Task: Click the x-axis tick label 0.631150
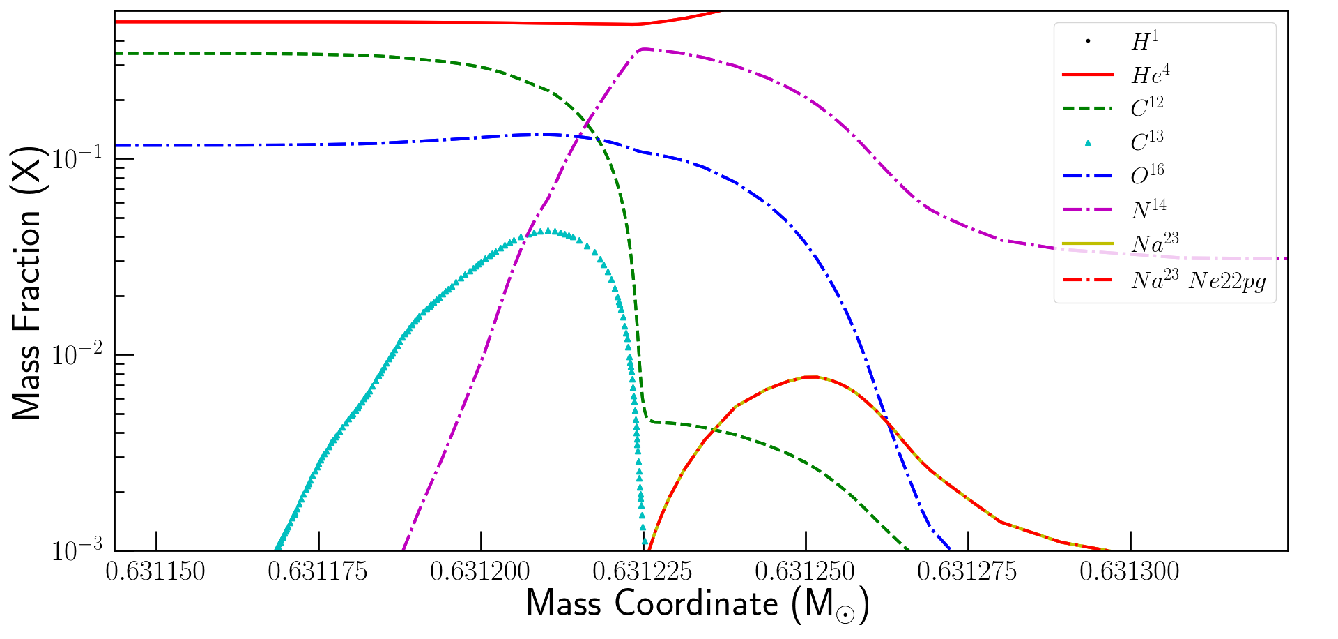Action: coord(155,572)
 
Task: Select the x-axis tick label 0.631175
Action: coord(318,572)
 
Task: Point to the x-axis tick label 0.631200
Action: coord(480,572)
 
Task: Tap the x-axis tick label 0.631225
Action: coord(643,572)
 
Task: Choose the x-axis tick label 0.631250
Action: coord(805,572)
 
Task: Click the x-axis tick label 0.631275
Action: coord(967,572)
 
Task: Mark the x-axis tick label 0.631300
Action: coord(1130,572)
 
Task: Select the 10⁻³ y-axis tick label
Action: coord(77,550)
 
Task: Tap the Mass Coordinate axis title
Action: coord(697,604)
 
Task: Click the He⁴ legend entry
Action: coord(1150,74)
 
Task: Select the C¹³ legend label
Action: coord(1147,142)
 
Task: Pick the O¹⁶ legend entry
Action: coord(1147,175)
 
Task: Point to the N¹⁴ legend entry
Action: coord(1148,209)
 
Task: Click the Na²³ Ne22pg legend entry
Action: coord(1199,281)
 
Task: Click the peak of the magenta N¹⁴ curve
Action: coord(644,49)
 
